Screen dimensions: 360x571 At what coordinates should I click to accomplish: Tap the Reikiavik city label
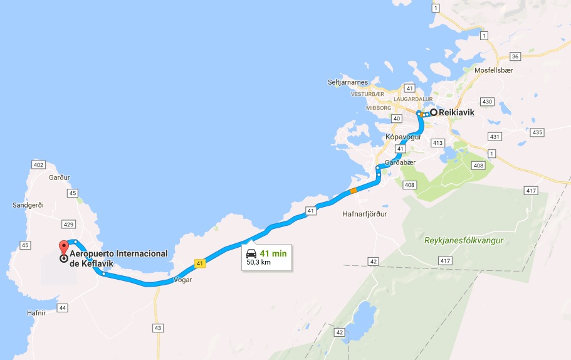(457, 113)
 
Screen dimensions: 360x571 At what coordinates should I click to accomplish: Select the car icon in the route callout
(251, 253)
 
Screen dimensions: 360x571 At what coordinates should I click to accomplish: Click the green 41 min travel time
(273, 253)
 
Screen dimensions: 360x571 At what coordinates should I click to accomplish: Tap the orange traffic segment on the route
(354, 190)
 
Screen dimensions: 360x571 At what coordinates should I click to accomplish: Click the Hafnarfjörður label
(365, 214)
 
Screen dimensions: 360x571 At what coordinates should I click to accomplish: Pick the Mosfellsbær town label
(499, 71)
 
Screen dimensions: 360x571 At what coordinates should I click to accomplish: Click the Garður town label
(59, 177)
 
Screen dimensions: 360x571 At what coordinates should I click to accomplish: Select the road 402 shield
(38, 165)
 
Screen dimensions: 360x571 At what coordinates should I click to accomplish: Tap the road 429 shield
(69, 224)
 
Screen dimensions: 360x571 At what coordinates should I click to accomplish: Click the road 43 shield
(157, 328)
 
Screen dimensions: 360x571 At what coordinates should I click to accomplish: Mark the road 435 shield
(537, 132)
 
